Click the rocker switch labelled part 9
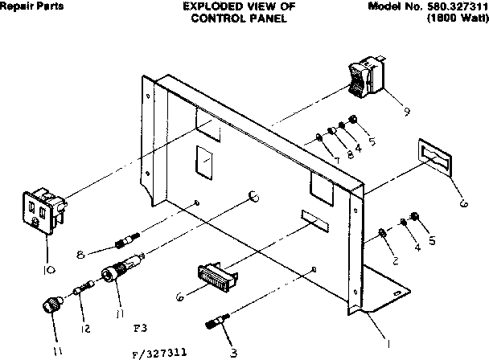pyautogui.click(x=364, y=77)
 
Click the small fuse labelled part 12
pyautogui.click(x=80, y=287)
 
